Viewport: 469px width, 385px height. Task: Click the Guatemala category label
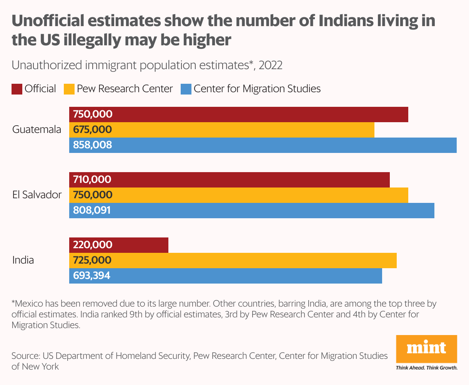coord(37,129)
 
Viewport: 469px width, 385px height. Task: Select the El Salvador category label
coord(37,195)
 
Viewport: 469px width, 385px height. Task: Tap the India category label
coord(23,260)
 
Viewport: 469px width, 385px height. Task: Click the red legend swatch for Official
coord(17,89)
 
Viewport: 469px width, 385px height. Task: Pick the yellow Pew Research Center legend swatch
coord(69,89)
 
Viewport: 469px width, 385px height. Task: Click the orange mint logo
coord(426,349)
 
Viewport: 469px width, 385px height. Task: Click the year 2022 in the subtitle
coord(271,65)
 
